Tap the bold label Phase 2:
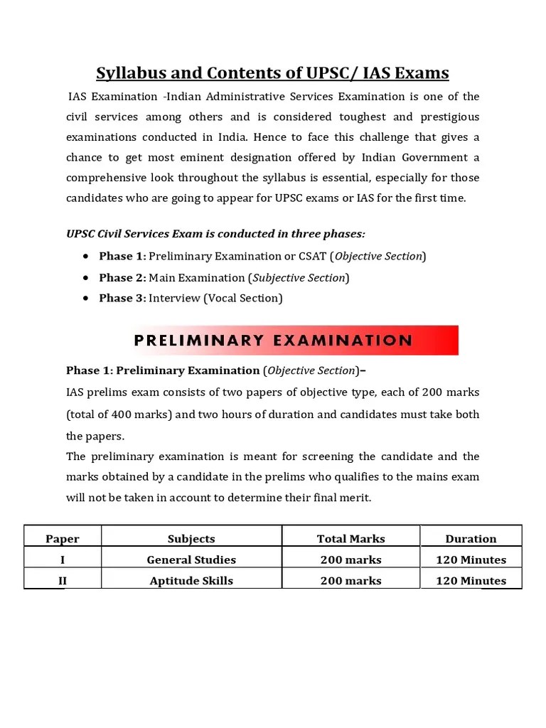coord(122,277)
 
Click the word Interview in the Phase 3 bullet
coord(175,298)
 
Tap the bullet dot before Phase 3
coord(86,298)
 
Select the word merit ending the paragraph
coord(355,498)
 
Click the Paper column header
coord(63,539)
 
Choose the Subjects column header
coord(191,539)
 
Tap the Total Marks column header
coord(350,539)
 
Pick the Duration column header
coord(471,539)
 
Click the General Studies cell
coord(191,560)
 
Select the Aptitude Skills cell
coord(191,581)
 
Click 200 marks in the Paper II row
coord(350,581)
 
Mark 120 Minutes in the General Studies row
coord(471,560)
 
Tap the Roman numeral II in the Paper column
coord(63,581)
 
